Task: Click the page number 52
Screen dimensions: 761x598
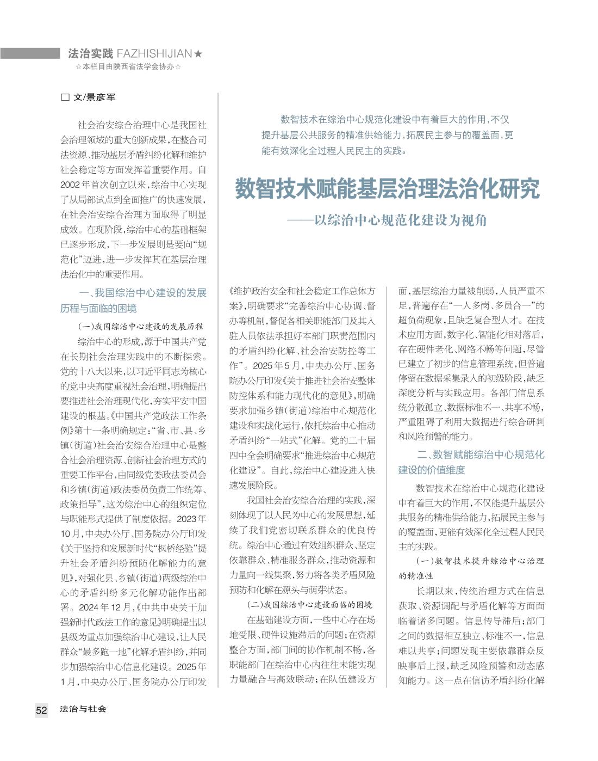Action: tap(41, 710)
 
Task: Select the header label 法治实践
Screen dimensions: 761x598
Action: tap(90, 53)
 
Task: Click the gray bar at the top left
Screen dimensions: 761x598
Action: tap(29, 53)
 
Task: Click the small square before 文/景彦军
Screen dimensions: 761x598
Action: tap(65, 97)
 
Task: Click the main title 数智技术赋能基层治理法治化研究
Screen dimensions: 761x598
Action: tap(387, 189)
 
